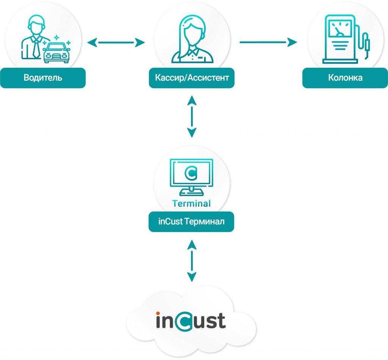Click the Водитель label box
tap(42, 78)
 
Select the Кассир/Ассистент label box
tap(192, 78)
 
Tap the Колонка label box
tap(345, 78)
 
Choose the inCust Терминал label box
tap(191, 221)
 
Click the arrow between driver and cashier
tap(116, 42)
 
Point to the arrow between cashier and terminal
tap(192, 117)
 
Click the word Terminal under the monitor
tap(191, 204)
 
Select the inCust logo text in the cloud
tap(191, 321)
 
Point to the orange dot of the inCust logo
tap(158, 314)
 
